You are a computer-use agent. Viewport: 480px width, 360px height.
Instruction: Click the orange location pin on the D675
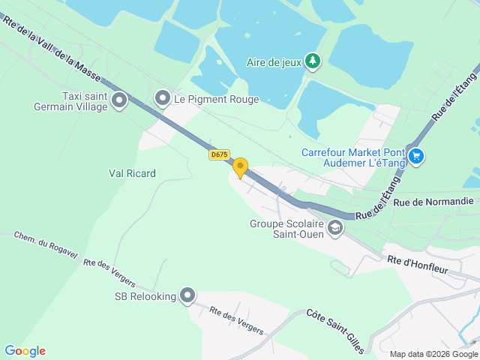[x=240, y=166]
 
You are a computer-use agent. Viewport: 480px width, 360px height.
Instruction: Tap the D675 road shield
[x=219, y=154]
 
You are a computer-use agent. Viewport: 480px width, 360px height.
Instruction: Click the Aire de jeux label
[x=273, y=62]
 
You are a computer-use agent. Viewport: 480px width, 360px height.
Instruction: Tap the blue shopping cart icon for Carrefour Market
[x=417, y=157]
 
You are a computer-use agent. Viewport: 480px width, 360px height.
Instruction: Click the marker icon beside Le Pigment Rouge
[x=162, y=99]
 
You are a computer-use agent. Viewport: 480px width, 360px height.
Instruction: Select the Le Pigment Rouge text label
[x=216, y=99]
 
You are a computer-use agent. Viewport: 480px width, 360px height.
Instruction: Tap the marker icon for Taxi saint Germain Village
[x=118, y=100]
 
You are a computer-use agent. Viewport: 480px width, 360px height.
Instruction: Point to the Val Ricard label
[x=132, y=173]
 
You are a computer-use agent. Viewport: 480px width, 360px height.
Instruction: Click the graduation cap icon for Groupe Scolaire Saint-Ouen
[x=334, y=227]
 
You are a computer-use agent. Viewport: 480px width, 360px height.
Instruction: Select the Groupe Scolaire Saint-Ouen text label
[x=286, y=228]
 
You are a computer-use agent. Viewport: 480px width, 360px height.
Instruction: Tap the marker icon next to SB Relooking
[x=187, y=296]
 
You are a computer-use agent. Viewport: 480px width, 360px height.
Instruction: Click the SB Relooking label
[x=145, y=296]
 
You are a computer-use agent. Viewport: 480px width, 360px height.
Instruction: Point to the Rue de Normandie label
[x=433, y=201]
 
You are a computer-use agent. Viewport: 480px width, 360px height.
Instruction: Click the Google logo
[x=25, y=350]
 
